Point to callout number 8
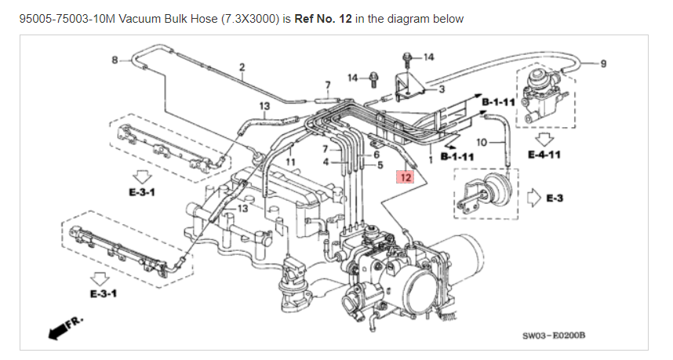[x=115, y=60]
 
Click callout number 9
[x=602, y=64]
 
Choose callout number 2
[x=242, y=66]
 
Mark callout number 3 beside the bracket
[x=442, y=89]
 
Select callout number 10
[x=482, y=142]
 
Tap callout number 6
[x=377, y=155]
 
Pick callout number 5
[x=380, y=165]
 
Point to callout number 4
[x=326, y=162]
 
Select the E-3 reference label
[x=555, y=198]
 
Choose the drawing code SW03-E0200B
[x=555, y=336]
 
